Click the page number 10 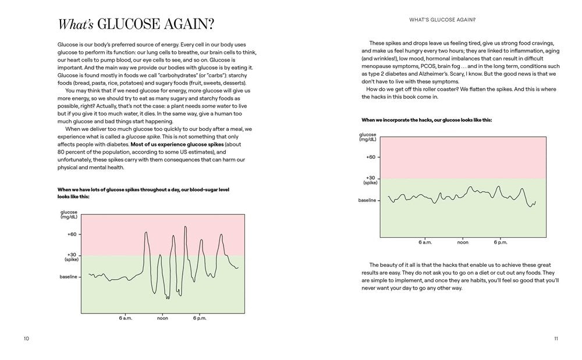[x=26, y=338]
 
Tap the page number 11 [x=556, y=338]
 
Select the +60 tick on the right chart [x=371, y=157]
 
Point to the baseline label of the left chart [x=69, y=276]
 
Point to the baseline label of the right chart [x=367, y=200]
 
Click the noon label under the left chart [x=162, y=318]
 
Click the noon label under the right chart [x=463, y=241]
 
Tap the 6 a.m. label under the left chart [x=126, y=318]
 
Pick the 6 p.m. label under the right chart [x=501, y=241]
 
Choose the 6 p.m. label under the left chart [x=199, y=318]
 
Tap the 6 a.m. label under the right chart [x=425, y=241]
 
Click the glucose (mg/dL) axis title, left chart [x=69, y=215]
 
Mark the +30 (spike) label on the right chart [x=371, y=180]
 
